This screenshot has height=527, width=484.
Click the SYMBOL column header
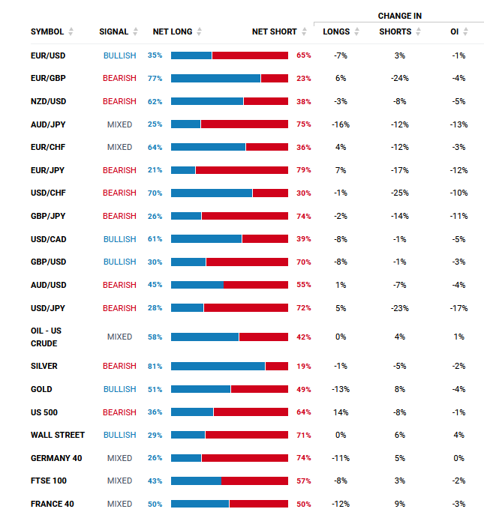pyautogui.click(x=47, y=32)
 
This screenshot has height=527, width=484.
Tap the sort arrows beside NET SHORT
pyautogui.click(x=304, y=32)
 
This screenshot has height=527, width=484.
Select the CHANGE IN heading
pyautogui.click(x=398, y=16)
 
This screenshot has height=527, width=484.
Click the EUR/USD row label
pyautogui.click(x=48, y=55)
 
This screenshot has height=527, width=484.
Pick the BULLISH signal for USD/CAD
pyautogui.click(x=120, y=239)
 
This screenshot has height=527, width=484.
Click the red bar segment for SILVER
pyautogui.click(x=277, y=367)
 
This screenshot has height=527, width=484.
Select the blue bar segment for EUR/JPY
pyautogui.click(x=183, y=170)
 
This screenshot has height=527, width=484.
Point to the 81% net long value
pyautogui.click(x=155, y=367)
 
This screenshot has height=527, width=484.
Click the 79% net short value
pyautogui.click(x=303, y=170)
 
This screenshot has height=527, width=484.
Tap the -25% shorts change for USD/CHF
pyautogui.click(x=399, y=193)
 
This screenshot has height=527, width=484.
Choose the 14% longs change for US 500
pyautogui.click(x=341, y=412)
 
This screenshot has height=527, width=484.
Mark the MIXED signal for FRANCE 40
pyautogui.click(x=120, y=504)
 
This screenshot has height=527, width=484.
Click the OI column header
pyautogui.click(x=455, y=32)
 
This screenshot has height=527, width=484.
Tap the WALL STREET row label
pyautogui.click(x=58, y=435)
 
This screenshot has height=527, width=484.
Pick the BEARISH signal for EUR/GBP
pyautogui.click(x=120, y=78)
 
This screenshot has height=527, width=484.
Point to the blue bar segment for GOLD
pyautogui.click(x=200, y=389)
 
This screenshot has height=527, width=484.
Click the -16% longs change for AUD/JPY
pyautogui.click(x=341, y=124)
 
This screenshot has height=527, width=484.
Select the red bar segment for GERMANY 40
pyautogui.click(x=245, y=458)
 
